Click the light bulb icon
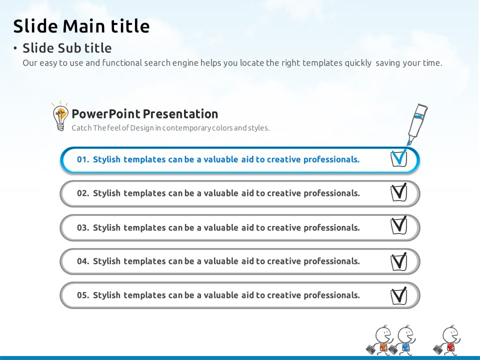tap(60, 116)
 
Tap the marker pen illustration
tap(416, 124)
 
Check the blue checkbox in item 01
tap(399, 158)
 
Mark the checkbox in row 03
tap(399, 225)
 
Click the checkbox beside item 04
tap(399, 261)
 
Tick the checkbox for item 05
tap(399, 296)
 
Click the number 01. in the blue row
tap(83, 159)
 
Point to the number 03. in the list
tap(83, 228)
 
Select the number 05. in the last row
tap(83, 295)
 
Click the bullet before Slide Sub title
tap(15, 48)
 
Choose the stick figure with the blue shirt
tap(403, 340)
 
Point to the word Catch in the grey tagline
tap(81, 128)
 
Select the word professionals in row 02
tap(332, 193)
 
